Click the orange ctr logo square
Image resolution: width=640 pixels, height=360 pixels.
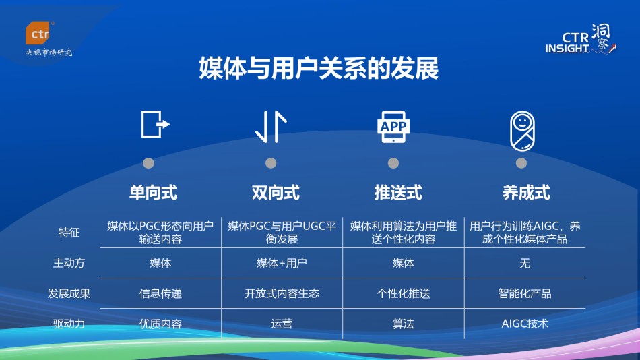[x=38, y=32]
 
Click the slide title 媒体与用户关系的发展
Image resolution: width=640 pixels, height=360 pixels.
[x=319, y=68]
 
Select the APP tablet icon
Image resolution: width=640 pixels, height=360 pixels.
[x=393, y=127]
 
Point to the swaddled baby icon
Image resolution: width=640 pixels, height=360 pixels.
[x=522, y=131]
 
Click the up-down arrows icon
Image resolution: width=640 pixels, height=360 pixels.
[x=271, y=127]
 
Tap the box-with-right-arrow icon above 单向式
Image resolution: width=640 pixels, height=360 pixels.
[x=155, y=124]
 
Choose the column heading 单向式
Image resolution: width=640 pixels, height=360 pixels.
[x=153, y=192]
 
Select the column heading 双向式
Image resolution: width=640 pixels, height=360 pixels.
[x=276, y=192]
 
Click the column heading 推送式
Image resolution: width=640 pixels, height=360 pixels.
[x=398, y=192]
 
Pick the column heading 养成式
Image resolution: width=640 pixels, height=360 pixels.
[x=526, y=192]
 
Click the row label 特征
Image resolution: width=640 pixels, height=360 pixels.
[x=69, y=233]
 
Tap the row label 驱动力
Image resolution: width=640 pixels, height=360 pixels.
[x=69, y=324]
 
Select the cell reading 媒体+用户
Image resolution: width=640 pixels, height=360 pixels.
[x=282, y=263]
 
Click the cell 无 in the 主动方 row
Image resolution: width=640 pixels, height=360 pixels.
[x=525, y=263]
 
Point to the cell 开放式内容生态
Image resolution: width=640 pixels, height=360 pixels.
[x=282, y=293]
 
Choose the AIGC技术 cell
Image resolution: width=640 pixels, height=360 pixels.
[x=525, y=324]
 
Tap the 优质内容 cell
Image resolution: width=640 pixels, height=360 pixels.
[x=160, y=324]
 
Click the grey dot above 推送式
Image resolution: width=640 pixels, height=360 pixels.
[x=393, y=163]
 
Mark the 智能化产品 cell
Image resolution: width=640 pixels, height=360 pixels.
[x=525, y=293]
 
